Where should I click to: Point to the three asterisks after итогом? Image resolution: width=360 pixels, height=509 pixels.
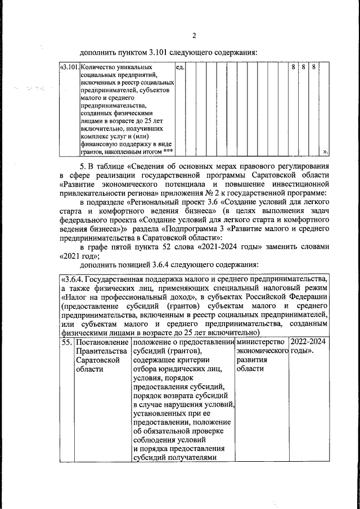168,150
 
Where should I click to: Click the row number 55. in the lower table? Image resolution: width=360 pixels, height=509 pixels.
66,342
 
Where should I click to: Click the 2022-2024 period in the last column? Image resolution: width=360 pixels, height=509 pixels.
308,342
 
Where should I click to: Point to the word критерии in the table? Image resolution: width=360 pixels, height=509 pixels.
193,360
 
